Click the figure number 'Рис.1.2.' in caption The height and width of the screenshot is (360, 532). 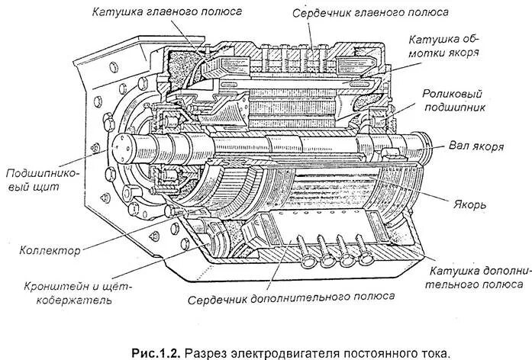156,353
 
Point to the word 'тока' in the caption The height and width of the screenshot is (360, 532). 437,353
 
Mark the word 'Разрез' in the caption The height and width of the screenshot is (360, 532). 207,353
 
